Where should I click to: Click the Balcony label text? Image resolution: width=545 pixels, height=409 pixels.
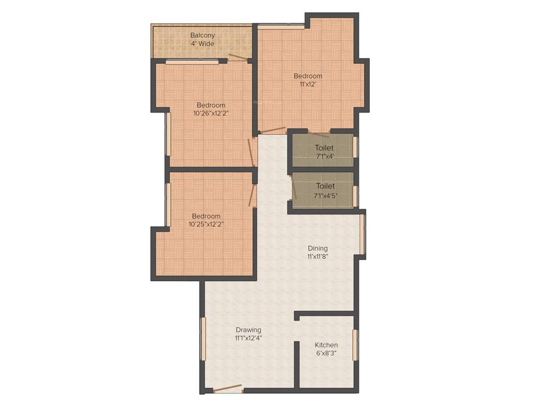tap(202, 36)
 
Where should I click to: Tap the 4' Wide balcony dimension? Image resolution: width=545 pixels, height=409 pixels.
tap(202, 44)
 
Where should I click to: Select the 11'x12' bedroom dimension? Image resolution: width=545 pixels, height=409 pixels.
tap(308, 84)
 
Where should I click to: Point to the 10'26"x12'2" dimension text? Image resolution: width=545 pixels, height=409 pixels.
tap(211, 113)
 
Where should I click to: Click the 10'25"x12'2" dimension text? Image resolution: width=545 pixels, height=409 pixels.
tap(206, 224)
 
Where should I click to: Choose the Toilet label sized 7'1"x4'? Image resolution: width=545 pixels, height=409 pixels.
tap(324, 148)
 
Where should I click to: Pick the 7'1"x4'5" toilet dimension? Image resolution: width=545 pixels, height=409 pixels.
tap(325, 195)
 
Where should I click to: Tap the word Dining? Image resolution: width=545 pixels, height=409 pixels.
tap(318, 248)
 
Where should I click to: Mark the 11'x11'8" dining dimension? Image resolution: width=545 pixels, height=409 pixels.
tap(318, 256)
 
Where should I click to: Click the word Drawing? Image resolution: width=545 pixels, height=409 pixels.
tap(249, 330)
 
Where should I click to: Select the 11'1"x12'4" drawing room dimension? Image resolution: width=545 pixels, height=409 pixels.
tap(249, 338)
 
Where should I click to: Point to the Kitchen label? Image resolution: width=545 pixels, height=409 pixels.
tap(326, 345)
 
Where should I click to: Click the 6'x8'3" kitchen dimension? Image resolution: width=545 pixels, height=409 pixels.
tap(326, 353)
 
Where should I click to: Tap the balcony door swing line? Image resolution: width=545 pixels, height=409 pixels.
tap(238, 57)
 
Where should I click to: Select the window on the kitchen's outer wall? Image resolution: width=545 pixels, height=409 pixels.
tap(356, 345)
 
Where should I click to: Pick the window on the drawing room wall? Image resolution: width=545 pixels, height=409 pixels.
tap(203, 339)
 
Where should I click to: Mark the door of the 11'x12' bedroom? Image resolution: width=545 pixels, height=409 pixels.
tap(274, 130)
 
